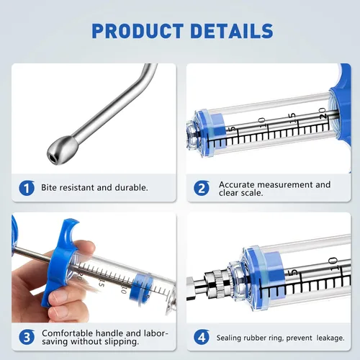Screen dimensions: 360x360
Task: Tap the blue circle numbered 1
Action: tap(27, 189)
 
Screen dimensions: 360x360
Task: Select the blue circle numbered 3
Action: tap(27, 336)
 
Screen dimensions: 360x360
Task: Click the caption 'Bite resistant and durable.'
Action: tap(94, 188)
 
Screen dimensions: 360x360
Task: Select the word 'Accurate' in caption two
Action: tap(238, 184)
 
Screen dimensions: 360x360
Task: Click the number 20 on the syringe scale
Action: tap(323, 112)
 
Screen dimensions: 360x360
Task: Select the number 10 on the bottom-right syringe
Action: tap(332, 266)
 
